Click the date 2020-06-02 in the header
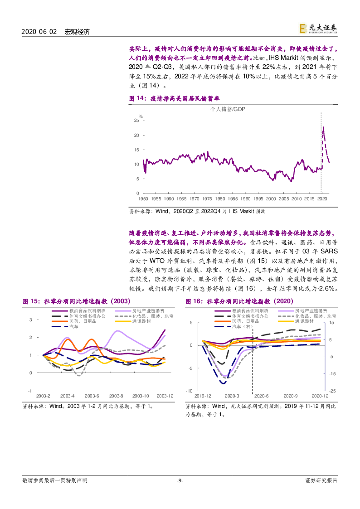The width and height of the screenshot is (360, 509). (39, 32)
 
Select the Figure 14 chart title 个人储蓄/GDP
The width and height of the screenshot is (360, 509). (228, 109)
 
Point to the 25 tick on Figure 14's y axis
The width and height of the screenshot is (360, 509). (136, 121)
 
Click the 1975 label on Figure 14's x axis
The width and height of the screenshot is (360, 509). (207, 199)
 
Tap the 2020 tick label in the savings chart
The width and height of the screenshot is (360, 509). (321, 199)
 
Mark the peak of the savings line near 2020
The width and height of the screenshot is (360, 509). (323, 127)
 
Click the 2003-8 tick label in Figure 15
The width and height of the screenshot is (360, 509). (117, 396)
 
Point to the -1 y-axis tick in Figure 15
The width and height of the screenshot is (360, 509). (30, 391)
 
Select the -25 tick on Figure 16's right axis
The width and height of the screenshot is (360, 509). (332, 391)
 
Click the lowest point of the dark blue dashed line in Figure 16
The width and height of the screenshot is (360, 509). (223, 383)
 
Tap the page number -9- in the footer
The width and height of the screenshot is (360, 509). (180, 480)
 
